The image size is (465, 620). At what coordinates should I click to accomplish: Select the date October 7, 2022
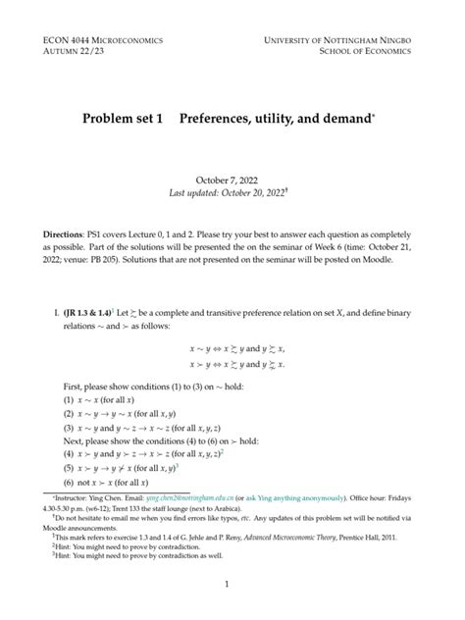pyautogui.click(x=232, y=181)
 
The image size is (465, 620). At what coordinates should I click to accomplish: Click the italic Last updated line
pyautogui.click(x=232, y=194)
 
